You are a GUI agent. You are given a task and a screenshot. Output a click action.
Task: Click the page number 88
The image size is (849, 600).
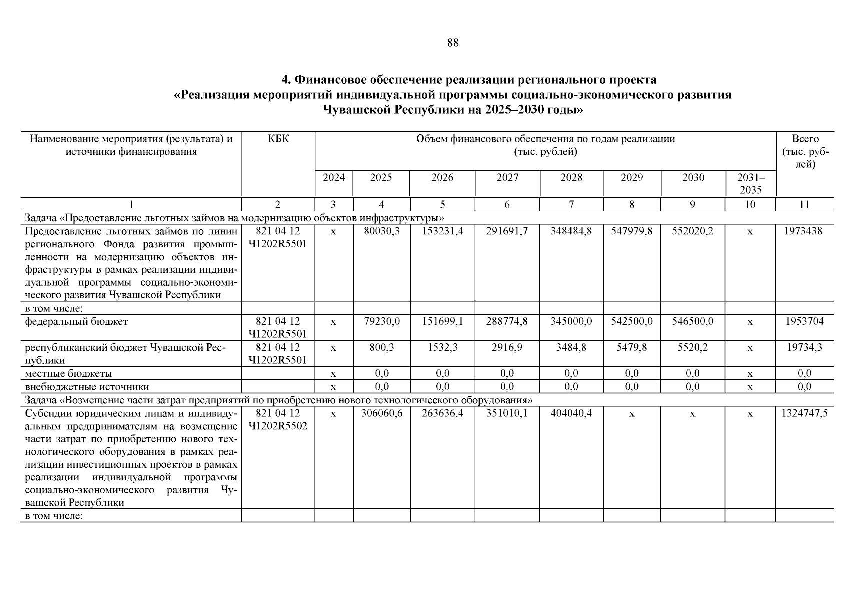coord(452,43)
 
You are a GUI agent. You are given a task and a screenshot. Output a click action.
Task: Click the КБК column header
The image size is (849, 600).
coord(278,139)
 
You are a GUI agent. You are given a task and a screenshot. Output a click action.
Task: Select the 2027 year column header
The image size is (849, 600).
coord(507,178)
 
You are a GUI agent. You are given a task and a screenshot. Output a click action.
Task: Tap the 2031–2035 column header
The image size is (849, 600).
coord(750,183)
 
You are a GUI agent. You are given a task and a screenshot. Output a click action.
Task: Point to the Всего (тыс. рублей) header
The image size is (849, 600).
coord(805,151)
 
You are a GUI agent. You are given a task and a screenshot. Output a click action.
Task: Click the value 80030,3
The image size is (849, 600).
coord(381,231)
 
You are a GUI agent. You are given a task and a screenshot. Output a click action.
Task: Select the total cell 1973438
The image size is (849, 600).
coord(804,231)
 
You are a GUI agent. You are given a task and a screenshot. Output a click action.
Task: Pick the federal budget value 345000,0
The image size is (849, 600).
coord(571,321)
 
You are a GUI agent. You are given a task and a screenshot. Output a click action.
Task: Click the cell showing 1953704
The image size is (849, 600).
coord(804,321)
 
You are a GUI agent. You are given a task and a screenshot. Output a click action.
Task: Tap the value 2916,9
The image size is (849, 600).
coord(507,347)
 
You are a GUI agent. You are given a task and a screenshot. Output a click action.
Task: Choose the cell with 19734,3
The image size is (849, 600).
coord(804,347)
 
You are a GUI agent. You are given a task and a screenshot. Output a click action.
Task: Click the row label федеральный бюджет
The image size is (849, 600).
coord(76,321)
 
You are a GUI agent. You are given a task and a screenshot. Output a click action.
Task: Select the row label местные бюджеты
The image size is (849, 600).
coord(68,373)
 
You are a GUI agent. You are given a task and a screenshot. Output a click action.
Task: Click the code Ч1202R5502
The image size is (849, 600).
coord(278,426)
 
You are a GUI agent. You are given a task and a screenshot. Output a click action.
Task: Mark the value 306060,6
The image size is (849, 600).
coord(381,413)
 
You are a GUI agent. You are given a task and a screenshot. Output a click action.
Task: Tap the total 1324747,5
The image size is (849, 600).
coord(804,413)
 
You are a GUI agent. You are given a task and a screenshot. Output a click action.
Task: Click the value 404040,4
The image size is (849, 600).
coord(571,413)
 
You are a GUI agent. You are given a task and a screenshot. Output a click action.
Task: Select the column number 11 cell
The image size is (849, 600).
coord(804,204)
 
